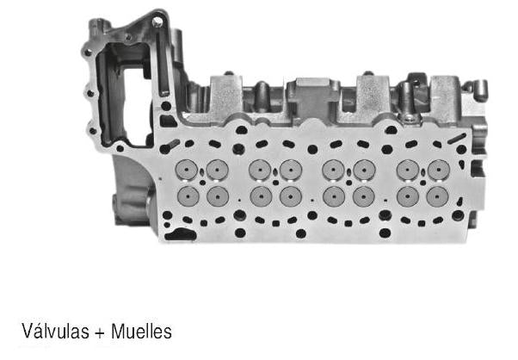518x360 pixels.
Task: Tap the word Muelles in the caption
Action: coord(134,331)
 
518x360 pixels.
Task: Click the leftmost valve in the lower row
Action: coord(187,197)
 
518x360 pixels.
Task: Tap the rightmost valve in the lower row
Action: coord(438,197)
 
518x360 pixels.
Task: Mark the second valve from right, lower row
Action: coord(408,197)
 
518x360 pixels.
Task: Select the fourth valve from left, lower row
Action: coord(291,197)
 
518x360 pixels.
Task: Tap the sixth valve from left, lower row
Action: coord(364,197)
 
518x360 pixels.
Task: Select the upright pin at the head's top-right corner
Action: coord(479,89)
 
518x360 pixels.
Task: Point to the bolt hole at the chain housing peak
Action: coord(158,20)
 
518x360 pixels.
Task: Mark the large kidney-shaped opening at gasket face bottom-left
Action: coord(182,233)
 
